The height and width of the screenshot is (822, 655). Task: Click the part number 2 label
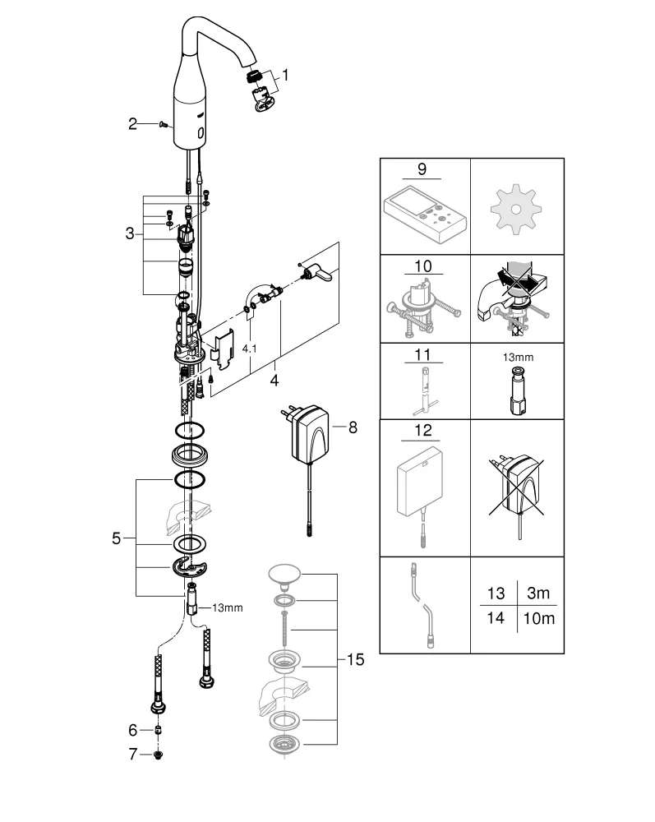pyautogui.click(x=132, y=124)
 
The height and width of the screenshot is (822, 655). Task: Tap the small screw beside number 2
pyautogui.click(x=162, y=124)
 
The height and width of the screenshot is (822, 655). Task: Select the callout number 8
pyautogui.click(x=353, y=427)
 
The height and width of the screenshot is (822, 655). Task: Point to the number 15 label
pyautogui.click(x=356, y=659)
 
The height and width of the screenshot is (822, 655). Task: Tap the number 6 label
pyautogui.click(x=132, y=728)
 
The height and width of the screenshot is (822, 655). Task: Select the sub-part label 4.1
pyautogui.click(x=249, y=349)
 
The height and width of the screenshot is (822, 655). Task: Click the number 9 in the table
pyautogui.click(x=422, y=169)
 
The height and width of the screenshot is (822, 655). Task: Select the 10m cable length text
pyautogui.click(x=538, y=619)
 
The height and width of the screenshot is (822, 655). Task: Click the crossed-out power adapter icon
pyautogui.click(x=517, y=490)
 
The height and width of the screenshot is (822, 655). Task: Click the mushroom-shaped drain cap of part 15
pyautogui.click(x=284, y=576)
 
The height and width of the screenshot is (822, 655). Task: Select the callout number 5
pyautogui.click(x=116, y=538)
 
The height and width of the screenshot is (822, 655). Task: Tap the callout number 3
pyautogui.click(x=130, y=233)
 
